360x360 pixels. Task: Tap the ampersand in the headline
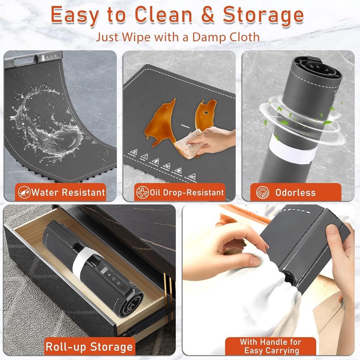[x=208, y=15]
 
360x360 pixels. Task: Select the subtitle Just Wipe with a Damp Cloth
[x=178, y=37]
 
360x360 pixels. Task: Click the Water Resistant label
[x=68, y=192]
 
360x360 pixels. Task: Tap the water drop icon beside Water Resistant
[x=24, y=192]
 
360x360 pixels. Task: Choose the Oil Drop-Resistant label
[x=187, y=192]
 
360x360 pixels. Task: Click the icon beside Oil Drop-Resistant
[x=142, y=192]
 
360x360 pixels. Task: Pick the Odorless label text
[x=295, y=192]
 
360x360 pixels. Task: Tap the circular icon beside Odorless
[x=262, y=192]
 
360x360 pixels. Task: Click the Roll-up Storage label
[x=89, y=347]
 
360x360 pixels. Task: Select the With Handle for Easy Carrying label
[x=270, y=346]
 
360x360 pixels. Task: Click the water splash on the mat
[x=49, y=127]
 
